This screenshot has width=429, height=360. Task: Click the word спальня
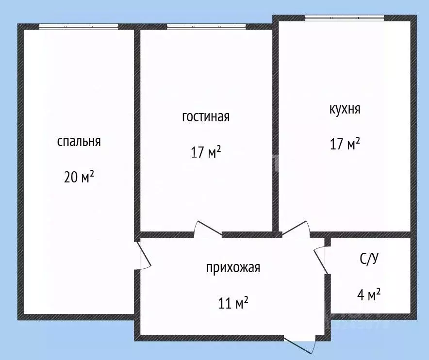click(79, 142)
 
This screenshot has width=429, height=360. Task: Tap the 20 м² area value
click(79, 177)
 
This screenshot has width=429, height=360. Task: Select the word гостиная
click(206, 117)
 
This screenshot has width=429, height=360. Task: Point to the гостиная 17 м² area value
click(206, 152)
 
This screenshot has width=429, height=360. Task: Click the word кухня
click(345, 109)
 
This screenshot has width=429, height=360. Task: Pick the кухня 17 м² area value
click(345, 144)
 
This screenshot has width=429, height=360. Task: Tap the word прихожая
click(233, 268)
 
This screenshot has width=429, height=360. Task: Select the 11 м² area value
click(233, 303)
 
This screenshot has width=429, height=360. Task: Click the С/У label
click(369, 259)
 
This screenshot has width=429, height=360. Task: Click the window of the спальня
click(79, 27)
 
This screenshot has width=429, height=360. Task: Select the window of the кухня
click(344, 18)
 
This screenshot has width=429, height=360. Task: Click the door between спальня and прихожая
click(144, 255)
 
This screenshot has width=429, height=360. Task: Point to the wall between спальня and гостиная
click(137, 131)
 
